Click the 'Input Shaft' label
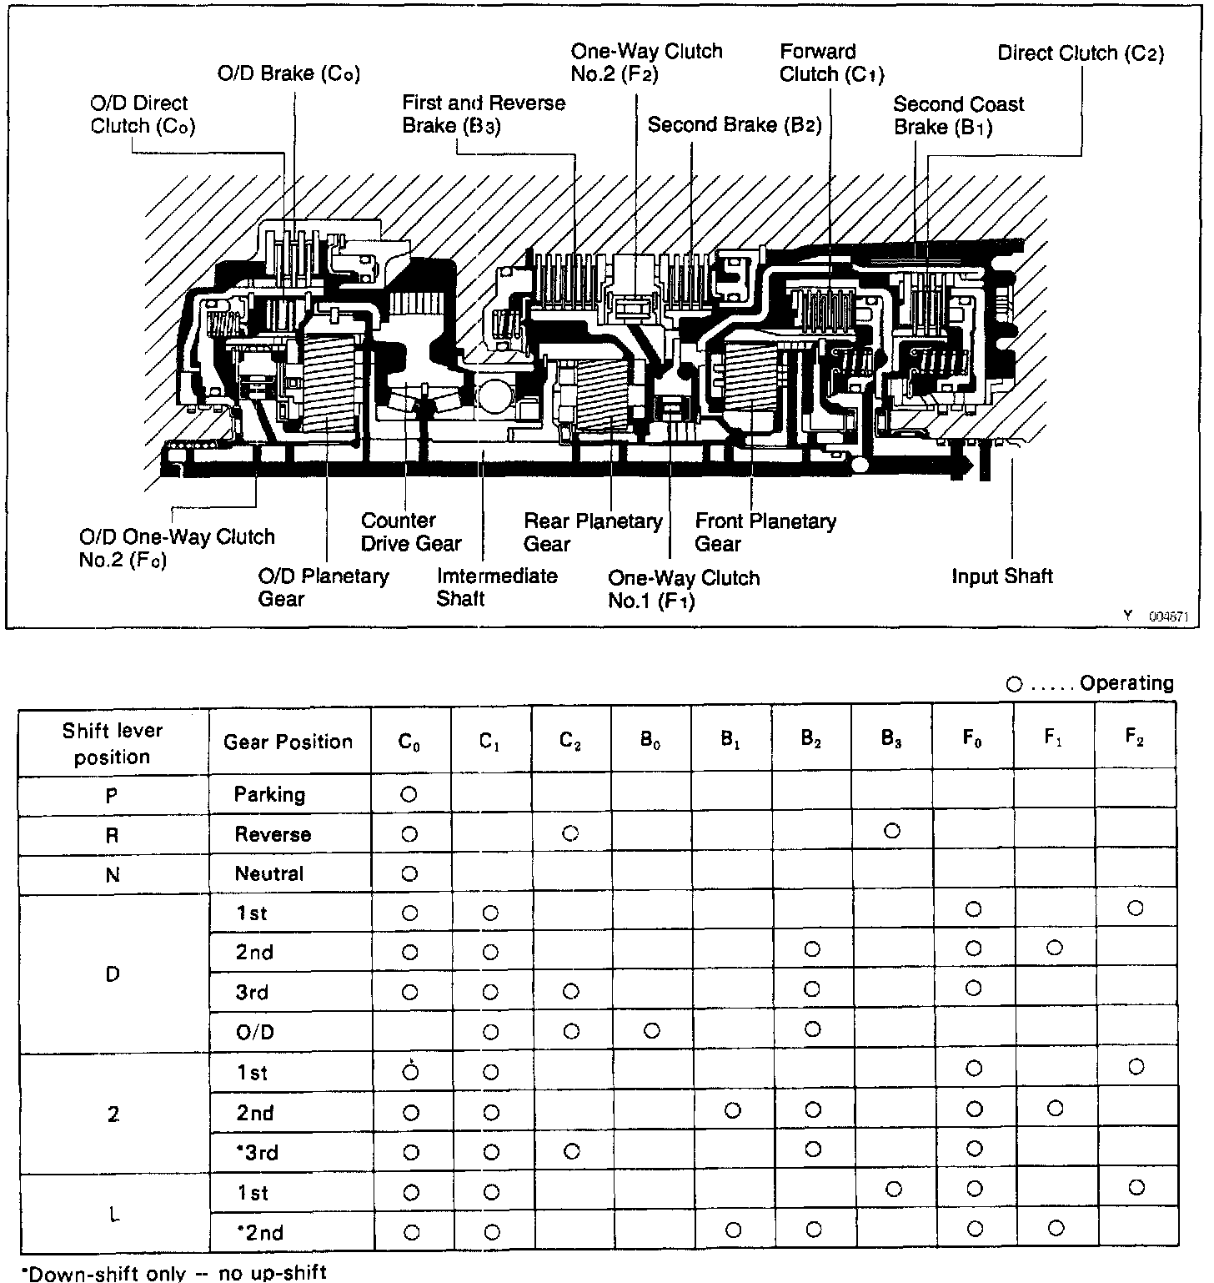(1001, 576)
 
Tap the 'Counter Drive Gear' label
(409, 532)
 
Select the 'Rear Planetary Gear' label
(592, 532)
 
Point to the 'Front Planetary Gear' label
(765, 532)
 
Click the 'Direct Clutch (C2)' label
(1081, 53)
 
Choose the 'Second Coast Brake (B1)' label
(958, 116)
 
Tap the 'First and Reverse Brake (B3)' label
(483, 114)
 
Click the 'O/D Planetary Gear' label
(323, 587)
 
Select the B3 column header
(892, 740)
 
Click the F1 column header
(1054, 740)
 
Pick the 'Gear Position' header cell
(288, 742)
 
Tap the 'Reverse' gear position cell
(273, 834)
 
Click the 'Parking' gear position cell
(269, 794)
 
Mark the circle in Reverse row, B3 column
(892, 831)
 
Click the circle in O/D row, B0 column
(651, 1031)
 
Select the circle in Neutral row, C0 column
(409, 873)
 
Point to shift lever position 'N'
(113, 874)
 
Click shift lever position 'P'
(112, 795)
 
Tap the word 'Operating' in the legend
(1126, 684)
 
